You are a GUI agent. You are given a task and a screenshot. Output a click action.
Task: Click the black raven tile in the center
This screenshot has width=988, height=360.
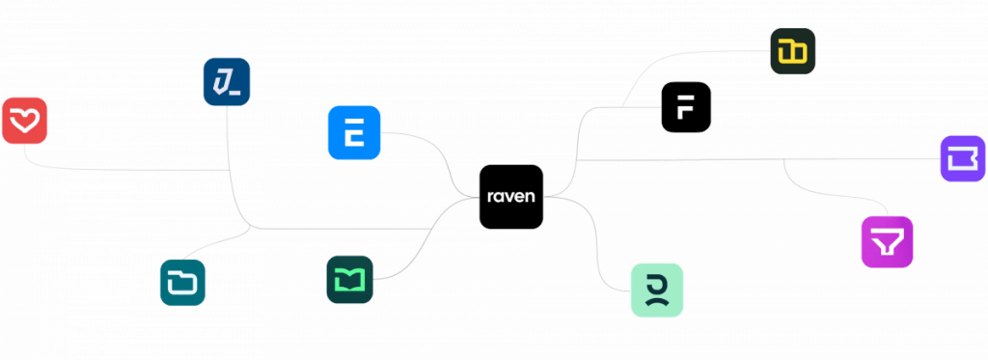click(x=511, y=197)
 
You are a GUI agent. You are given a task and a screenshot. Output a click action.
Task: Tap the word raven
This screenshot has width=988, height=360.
click(x=511, y=196)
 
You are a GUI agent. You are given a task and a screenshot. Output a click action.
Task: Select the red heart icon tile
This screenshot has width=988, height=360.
click(x=24, y=121)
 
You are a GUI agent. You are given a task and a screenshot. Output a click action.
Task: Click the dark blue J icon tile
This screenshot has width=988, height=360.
click(x=227, y=82)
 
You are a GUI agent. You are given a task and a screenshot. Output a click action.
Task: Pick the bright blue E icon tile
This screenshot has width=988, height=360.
click(x=354, y=132)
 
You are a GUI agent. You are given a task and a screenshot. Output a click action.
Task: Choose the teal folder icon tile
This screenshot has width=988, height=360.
click(x=182, y=283)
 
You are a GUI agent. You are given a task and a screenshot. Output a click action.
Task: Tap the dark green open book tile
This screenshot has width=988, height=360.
click(x=349, y=279)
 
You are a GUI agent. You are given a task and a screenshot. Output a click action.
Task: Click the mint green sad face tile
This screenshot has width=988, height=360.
click(x=657, y=290)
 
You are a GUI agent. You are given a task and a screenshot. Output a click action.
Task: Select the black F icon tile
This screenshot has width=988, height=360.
click(x=686, y=107)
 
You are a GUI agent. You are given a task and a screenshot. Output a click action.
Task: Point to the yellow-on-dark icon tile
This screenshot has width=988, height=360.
click(x=793, y=51)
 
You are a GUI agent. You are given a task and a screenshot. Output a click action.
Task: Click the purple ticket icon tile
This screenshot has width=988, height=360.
click(x=963, y=159)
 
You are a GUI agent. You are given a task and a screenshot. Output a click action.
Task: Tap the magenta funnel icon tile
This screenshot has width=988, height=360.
click(x=888, y=242)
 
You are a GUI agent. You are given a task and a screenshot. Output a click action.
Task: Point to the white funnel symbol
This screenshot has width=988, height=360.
click(x=888, y=242)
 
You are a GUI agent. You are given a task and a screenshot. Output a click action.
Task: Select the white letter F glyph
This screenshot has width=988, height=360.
click(x=686, y=108)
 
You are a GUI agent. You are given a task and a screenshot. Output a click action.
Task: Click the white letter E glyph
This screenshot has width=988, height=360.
click(x=354, y=133)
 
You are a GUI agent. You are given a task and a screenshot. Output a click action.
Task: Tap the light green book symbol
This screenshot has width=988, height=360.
click(x=349, y=280)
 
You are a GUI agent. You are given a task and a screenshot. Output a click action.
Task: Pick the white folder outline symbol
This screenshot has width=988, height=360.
click(x=182, y=283)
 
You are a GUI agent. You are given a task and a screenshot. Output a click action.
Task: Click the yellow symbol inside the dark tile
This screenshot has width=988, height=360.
click(x=793, y=52)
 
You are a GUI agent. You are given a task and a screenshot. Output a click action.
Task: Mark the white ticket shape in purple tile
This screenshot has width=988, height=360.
click(x=963, y=159)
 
